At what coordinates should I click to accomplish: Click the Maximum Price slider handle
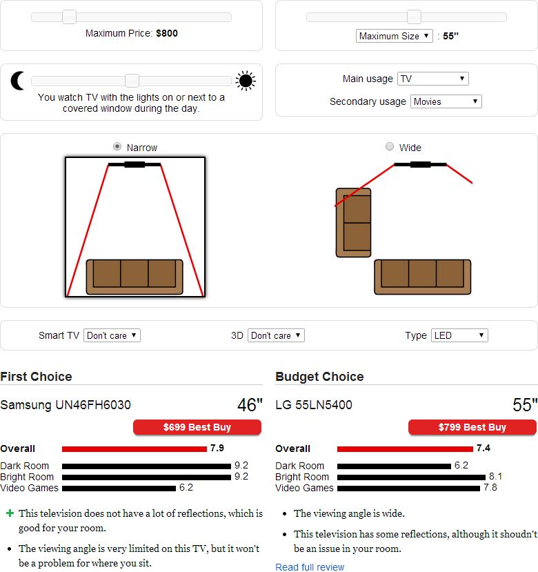(69, 17)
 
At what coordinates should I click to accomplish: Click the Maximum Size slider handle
(414, 17)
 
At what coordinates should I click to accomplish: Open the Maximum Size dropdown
(394, 36)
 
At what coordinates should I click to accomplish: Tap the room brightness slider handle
(132, 81)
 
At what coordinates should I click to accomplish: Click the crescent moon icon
(17, 81)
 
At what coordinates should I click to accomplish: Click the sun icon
(246, 81)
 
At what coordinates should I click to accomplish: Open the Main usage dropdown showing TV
(433, 79)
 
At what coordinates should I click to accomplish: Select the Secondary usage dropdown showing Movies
(446, 101)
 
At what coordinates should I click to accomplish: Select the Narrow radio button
(117, 147)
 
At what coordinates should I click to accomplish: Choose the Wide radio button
(390, 147)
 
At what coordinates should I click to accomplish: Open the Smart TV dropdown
(112, 335)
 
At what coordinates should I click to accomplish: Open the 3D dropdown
(276, 335)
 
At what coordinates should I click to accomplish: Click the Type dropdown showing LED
(459, 335)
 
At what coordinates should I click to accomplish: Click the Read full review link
(310, 567)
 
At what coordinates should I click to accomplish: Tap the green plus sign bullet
(10, 513)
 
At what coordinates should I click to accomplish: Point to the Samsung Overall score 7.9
(217, 448)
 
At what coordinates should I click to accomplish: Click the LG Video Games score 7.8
(490, 487)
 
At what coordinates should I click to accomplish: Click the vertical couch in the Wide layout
(353, 223)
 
